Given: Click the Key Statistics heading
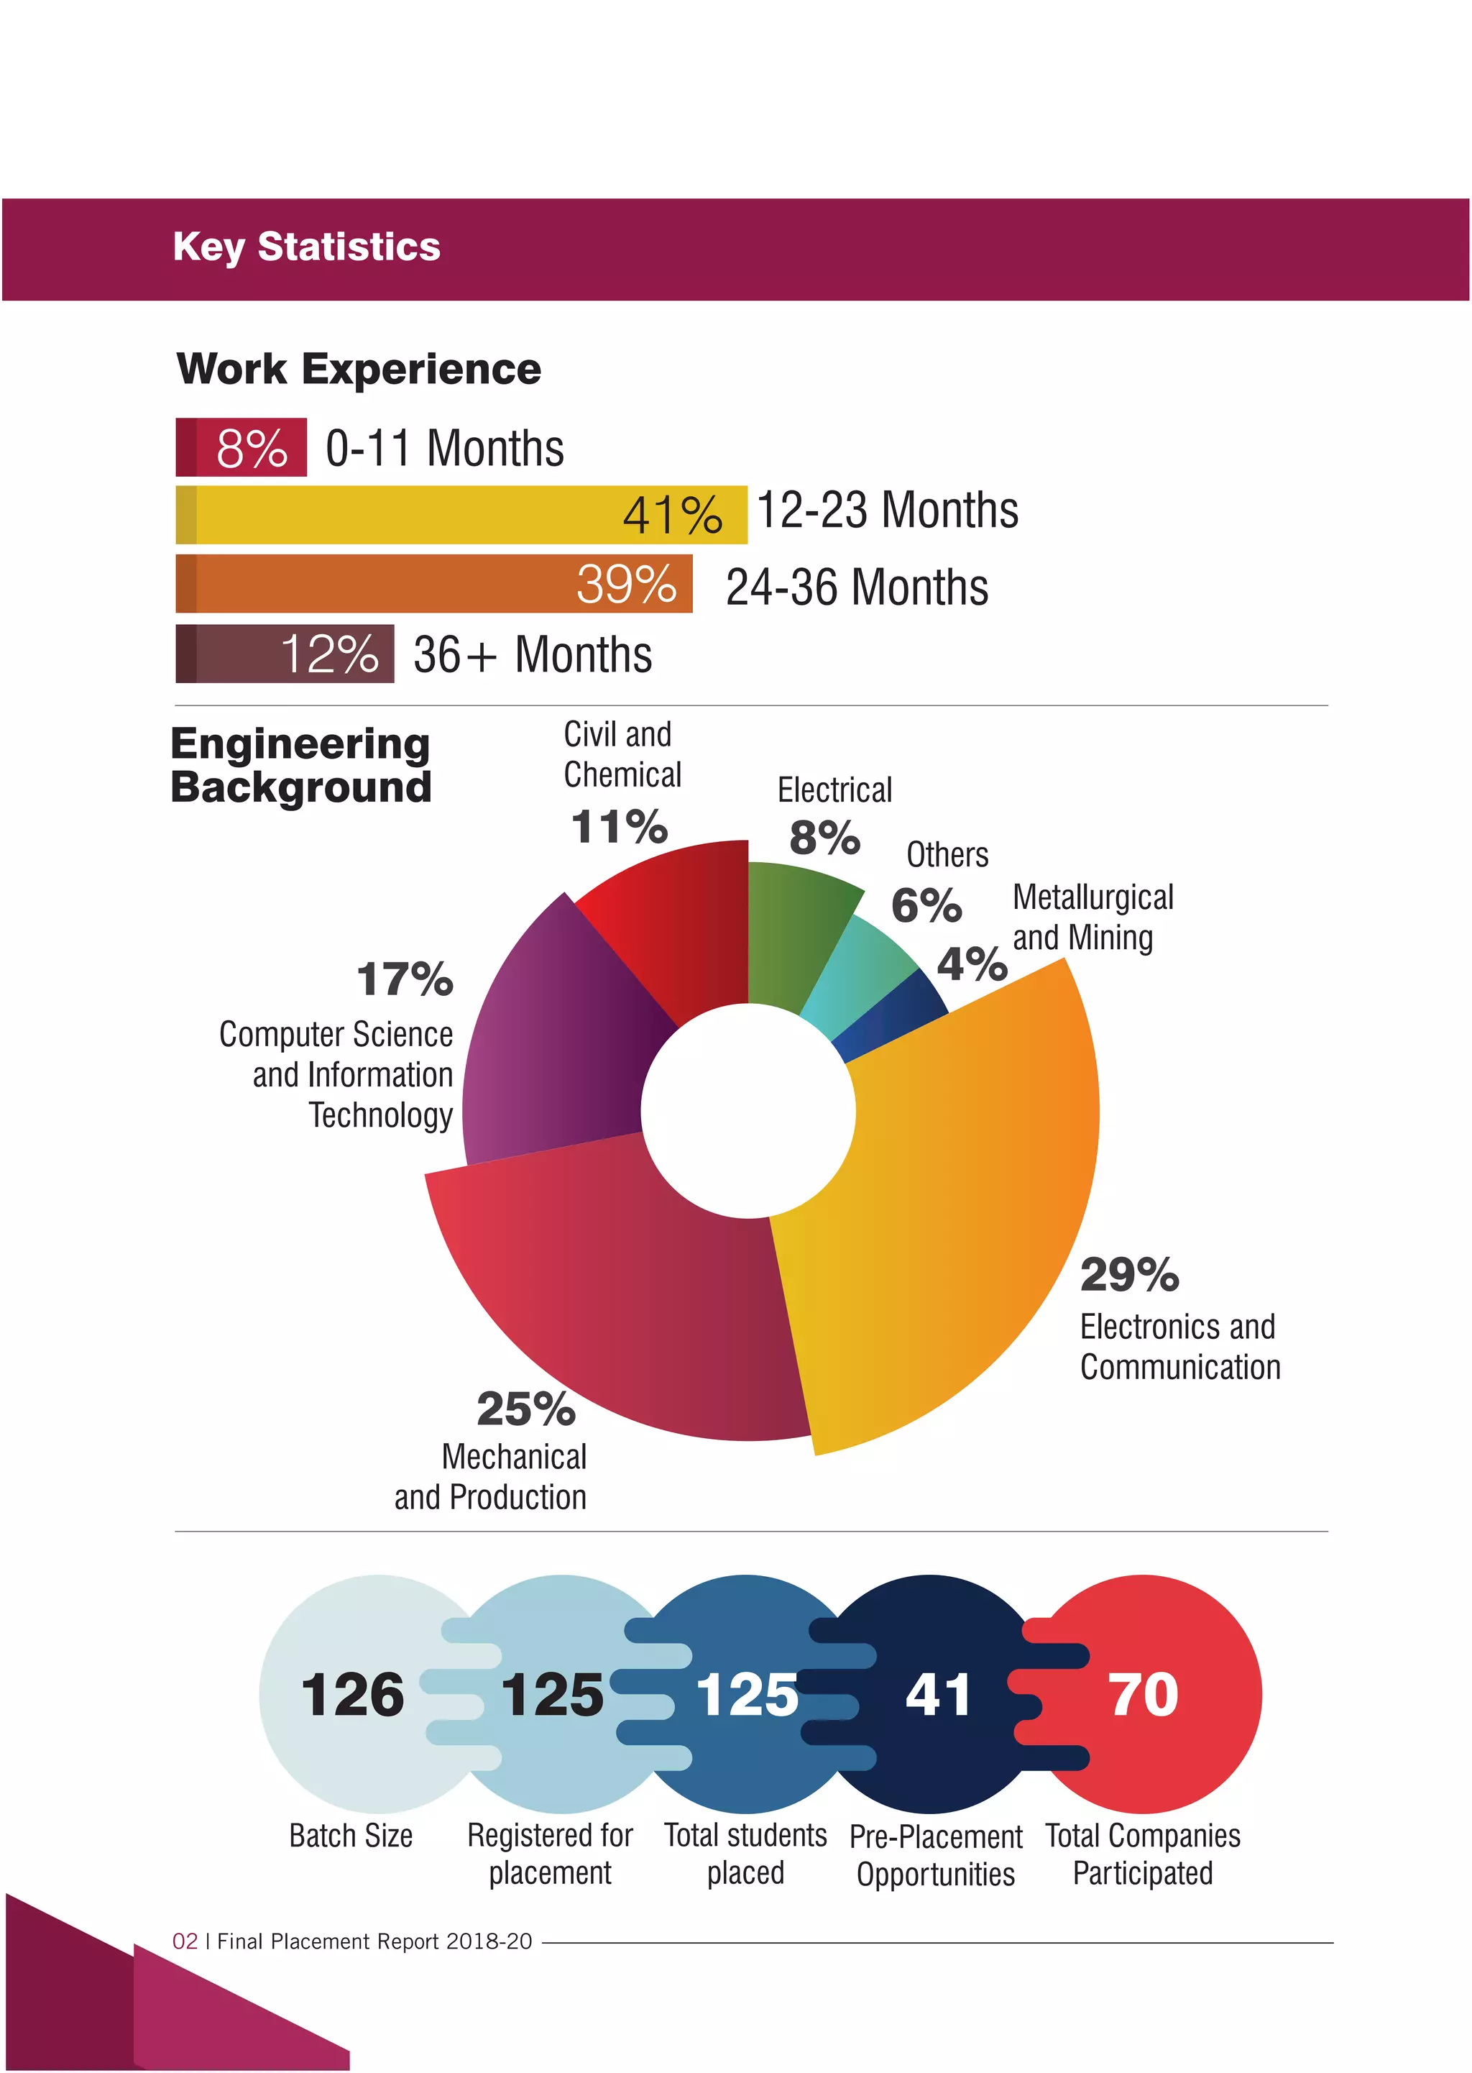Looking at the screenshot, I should (306, 247).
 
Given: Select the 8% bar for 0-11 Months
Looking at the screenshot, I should (241, 447).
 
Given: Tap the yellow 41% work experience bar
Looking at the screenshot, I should (461, 515).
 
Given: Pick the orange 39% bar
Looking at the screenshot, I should (433, 584).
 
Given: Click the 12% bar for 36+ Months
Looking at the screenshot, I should (285, 654).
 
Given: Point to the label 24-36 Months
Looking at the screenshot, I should (857, 587).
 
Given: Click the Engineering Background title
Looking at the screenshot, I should (301, 764).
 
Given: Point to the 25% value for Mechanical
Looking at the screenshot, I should (525, 1409).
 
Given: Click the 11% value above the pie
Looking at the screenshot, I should (619, 827).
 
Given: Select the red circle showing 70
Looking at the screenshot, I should (1169, 1695).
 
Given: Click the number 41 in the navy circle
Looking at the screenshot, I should (937, 1695).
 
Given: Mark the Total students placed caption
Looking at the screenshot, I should (745, 1854).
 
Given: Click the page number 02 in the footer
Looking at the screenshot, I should (185, 1941).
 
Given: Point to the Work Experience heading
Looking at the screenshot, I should (359, 369).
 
